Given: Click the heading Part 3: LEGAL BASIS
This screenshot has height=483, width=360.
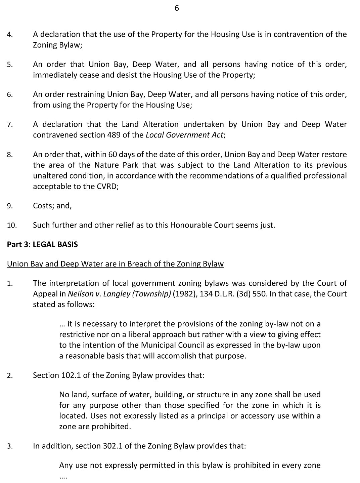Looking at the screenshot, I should [x=42, y=244].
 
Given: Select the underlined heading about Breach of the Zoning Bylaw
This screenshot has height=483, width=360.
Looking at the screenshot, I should [x=115, y=264].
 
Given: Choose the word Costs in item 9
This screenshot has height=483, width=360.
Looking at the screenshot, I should [x=43, y=206].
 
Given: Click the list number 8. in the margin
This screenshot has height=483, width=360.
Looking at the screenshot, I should [x=10, y=155].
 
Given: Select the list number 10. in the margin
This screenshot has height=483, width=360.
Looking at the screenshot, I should [x=11, y=226].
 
